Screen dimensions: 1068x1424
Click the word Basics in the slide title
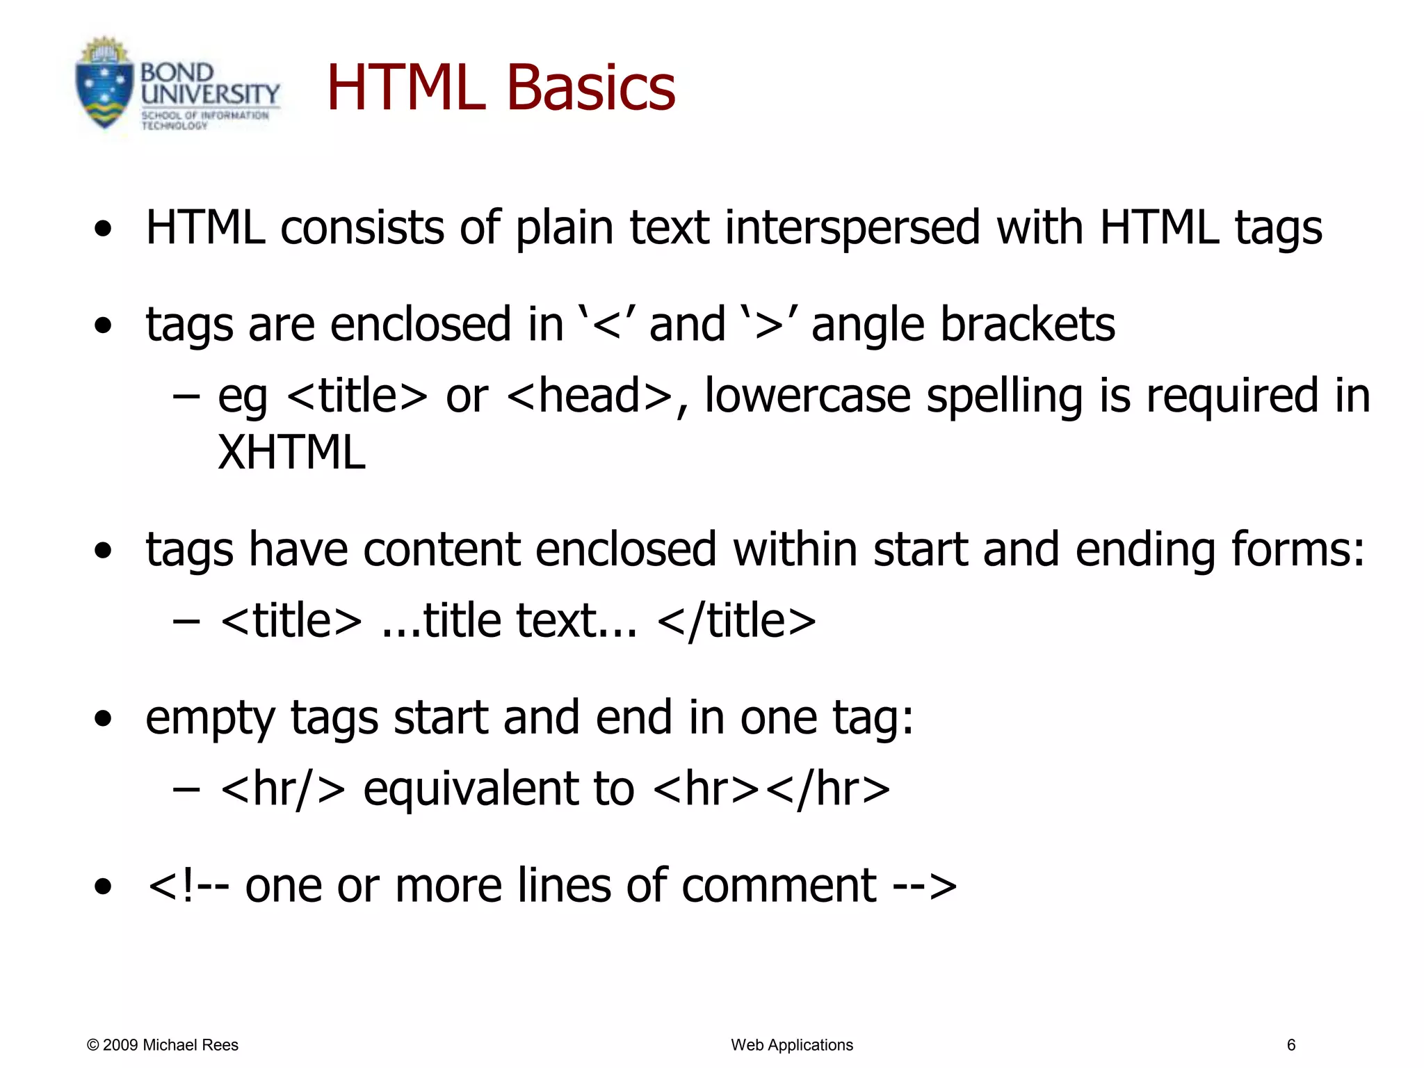click(590, 88)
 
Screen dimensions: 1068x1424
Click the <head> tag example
click(589, 395)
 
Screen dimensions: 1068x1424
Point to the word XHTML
click(291, 453)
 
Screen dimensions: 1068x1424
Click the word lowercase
click(807, 395)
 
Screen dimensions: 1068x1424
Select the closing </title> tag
click(736, 620)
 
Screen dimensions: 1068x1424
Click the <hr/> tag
click(283, 788)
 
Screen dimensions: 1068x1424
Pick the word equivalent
click(498, 788)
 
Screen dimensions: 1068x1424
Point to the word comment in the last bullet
click(779, 886)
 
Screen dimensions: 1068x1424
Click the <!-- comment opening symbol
click(188, 886)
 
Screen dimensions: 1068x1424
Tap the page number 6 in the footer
click(1291, 1045)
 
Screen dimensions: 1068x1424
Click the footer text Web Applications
click(791, 1045)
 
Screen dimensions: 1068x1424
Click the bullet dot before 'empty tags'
click(103, 719)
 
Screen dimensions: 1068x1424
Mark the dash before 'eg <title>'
click(186, 396)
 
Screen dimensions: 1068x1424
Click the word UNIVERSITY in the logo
click(209, 95)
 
